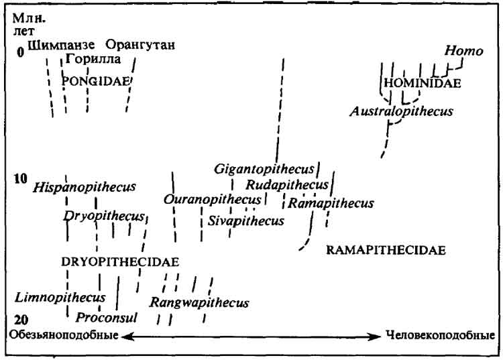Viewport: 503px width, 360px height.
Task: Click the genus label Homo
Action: pos(463,52)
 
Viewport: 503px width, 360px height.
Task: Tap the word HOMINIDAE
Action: pos(423,83)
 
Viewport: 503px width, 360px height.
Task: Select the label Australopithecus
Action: pos(401,111)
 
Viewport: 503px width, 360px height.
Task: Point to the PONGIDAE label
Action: pos(96,81)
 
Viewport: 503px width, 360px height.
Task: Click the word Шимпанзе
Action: pos(61,45)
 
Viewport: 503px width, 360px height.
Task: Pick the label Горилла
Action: pos(93,59)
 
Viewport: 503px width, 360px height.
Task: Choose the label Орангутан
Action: pos(140,44)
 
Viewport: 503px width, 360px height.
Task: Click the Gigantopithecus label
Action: pos(264,169)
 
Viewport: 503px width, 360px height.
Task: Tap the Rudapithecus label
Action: pos(287,184)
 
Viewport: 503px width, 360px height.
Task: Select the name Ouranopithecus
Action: pos(213,199)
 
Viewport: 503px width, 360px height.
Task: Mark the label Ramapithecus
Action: pos(331,203)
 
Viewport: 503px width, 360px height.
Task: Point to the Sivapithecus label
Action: pos(246,221)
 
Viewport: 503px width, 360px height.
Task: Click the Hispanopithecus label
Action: pos(85,187)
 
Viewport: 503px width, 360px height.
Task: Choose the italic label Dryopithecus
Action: pos(104,217)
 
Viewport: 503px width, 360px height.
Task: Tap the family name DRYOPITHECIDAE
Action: pos(120,262)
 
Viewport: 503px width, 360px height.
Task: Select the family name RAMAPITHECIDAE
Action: pos(386,250)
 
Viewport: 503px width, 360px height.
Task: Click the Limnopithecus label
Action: pos(60,298)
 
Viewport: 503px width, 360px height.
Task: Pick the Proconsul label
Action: pos(106,318)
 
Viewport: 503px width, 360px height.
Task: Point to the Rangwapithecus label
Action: pos(199,303)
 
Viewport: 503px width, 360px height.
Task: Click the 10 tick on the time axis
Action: pos(21,179)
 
